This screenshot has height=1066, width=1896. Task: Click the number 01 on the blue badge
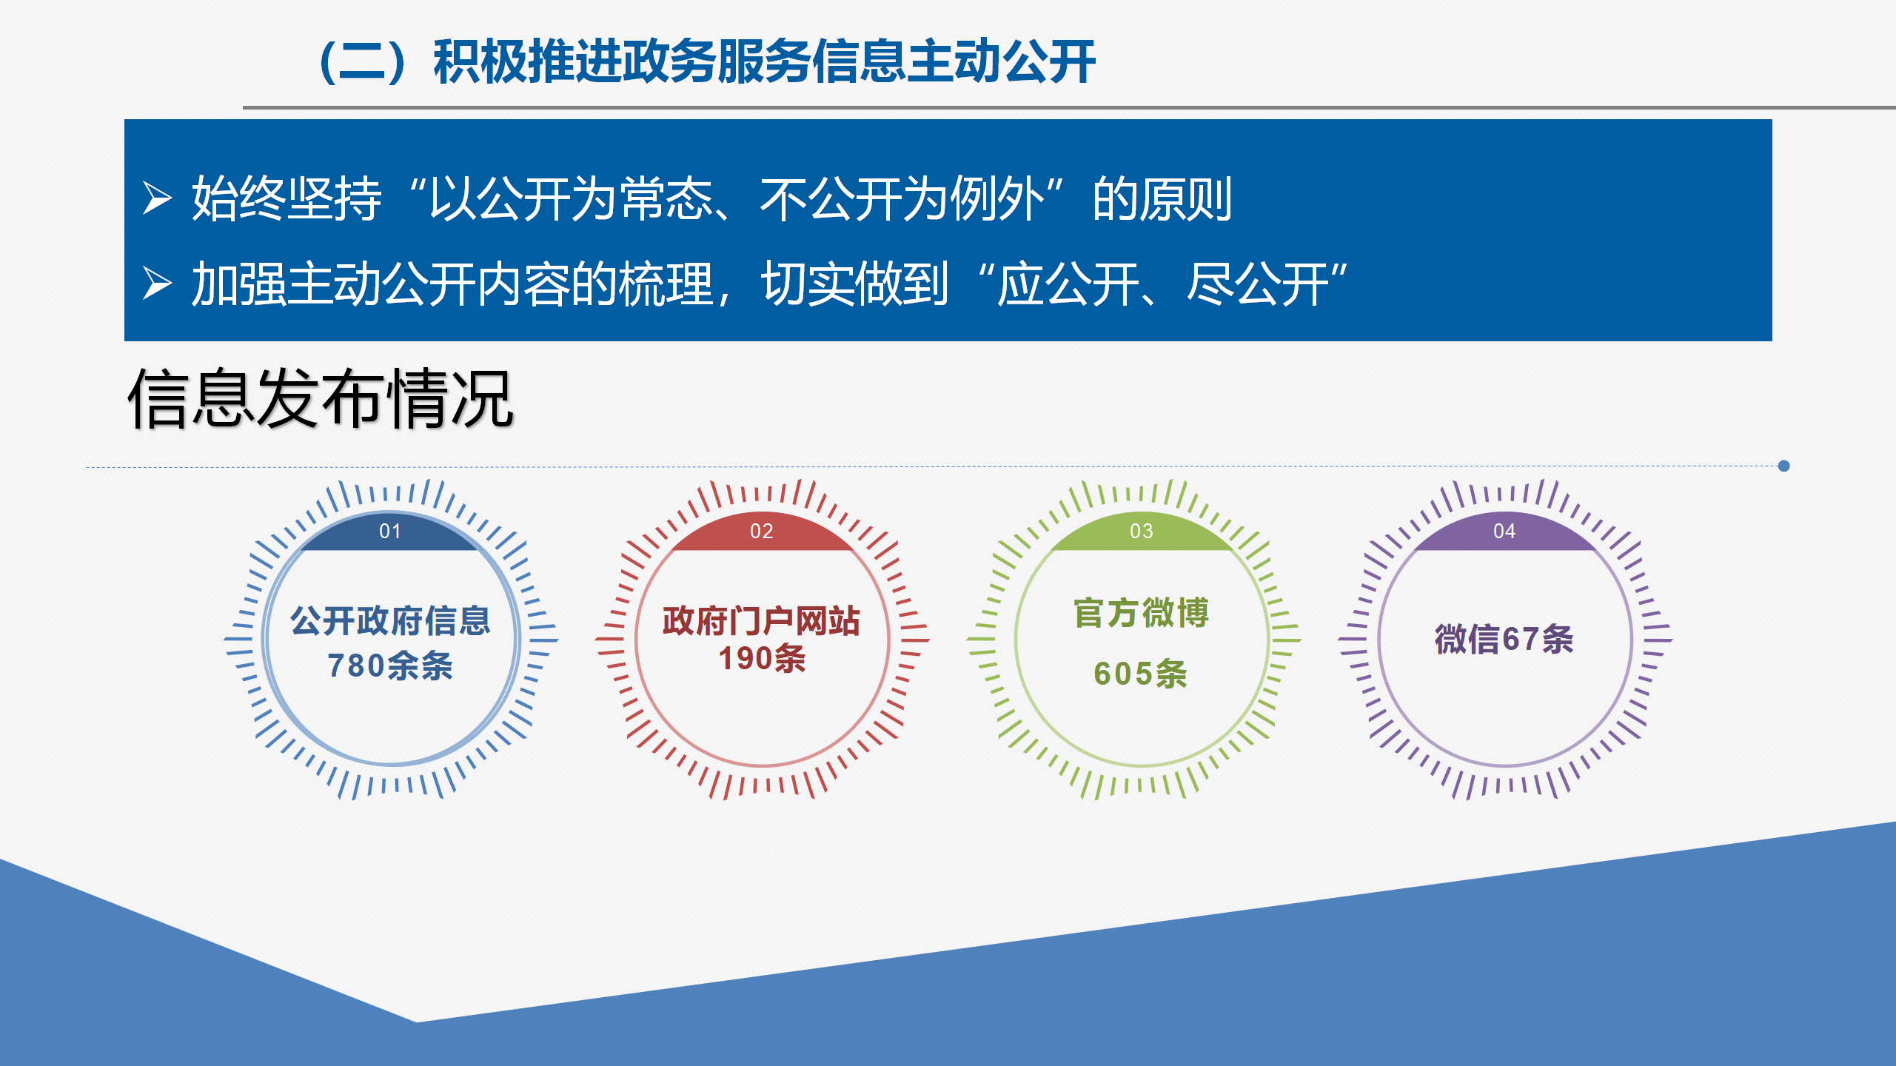390,531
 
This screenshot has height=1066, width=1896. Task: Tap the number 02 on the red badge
762,531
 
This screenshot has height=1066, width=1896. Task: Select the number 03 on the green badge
1142,531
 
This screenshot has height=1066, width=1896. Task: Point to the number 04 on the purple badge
1504,531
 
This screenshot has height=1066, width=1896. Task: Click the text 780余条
390,666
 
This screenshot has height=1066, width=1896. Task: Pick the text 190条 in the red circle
762,658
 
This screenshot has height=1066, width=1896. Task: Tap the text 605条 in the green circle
1141,674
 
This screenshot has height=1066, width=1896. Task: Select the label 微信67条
1504,639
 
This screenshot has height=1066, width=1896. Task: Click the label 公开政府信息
390,620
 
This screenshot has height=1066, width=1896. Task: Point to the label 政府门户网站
762,620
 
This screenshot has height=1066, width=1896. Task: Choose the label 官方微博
1142,613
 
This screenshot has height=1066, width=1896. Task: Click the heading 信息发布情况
321,399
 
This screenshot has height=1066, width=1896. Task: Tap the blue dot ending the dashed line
1783,466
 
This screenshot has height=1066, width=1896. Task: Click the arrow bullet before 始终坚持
157,198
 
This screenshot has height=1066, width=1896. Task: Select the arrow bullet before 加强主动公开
157,284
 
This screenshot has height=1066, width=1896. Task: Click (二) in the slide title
363,61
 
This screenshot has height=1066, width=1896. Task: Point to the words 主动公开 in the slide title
1001,61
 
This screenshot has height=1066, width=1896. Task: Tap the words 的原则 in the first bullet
1162,198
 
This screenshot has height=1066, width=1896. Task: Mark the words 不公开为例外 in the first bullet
902,198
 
